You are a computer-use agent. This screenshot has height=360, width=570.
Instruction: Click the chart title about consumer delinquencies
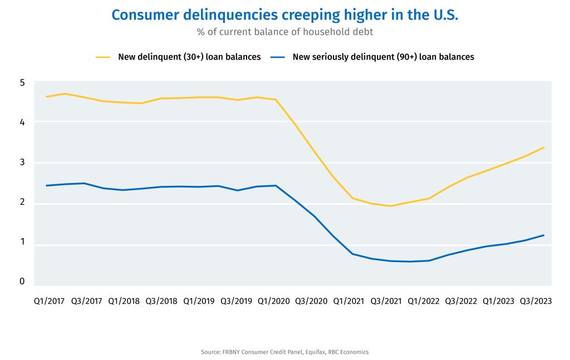(285, 15)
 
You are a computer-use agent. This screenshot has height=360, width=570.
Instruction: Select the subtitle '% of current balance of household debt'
(285, 32)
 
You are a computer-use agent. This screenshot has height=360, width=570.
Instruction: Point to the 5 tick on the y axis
(22, 82)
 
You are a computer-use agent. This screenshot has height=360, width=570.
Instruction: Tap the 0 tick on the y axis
(22, 282)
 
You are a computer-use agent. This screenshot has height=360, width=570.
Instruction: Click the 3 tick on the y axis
(22, 162)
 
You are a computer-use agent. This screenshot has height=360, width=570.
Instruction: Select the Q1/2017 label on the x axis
(49, 301)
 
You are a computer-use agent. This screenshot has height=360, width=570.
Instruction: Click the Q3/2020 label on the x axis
(311, 301)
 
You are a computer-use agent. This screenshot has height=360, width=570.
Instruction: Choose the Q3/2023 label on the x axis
(535, 301)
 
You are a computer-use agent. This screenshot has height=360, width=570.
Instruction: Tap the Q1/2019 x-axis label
(198, 301)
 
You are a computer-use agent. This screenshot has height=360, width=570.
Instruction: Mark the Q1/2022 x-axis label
(424, 301)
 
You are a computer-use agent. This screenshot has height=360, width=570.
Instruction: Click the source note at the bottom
(285, 352)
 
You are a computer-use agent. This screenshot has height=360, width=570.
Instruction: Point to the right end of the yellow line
(544, 147)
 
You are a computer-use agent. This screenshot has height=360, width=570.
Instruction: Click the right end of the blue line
(544, 235)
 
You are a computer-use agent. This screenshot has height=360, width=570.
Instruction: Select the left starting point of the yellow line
(46, 97)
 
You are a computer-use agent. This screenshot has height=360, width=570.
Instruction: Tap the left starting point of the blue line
(46, 185)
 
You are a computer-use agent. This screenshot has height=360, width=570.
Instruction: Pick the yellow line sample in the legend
(104, 57)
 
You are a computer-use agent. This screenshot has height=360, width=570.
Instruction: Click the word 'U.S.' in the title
(444, 15)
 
